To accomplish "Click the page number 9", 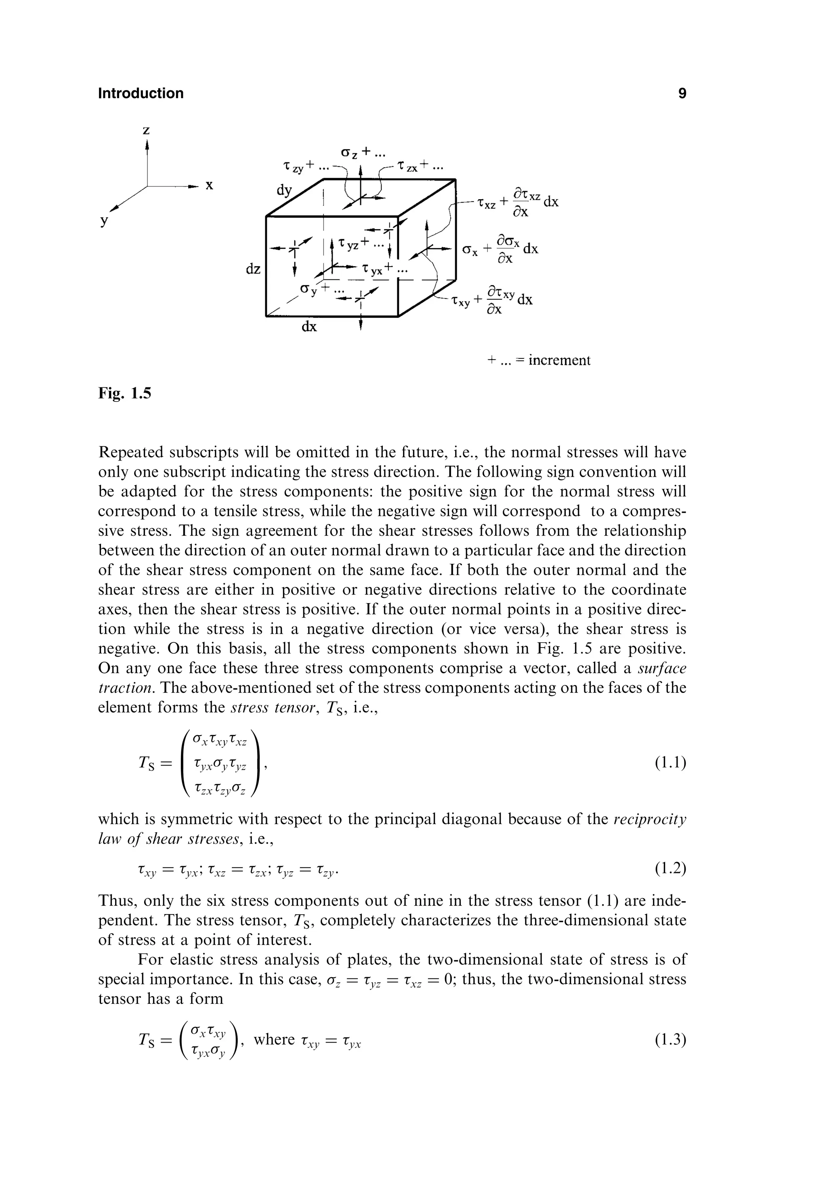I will tap(682, 93).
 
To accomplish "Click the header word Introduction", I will tap(141, 93).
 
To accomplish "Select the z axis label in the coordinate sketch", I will tap(146, 131).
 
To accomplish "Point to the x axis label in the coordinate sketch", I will tap(209, 185).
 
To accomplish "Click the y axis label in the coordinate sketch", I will tap(105, 221).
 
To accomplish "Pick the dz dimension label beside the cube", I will tap(253, 269).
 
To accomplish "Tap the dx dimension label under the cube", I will tap(309, 327).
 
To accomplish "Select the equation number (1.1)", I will tap(671, 762).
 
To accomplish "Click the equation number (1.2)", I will tap(671, 869).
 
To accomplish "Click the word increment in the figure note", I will tap(559, 360).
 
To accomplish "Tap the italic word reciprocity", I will tap(650, 819).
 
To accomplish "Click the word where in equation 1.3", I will tap(274, 1039).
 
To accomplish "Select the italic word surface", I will tap(662, 668).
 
